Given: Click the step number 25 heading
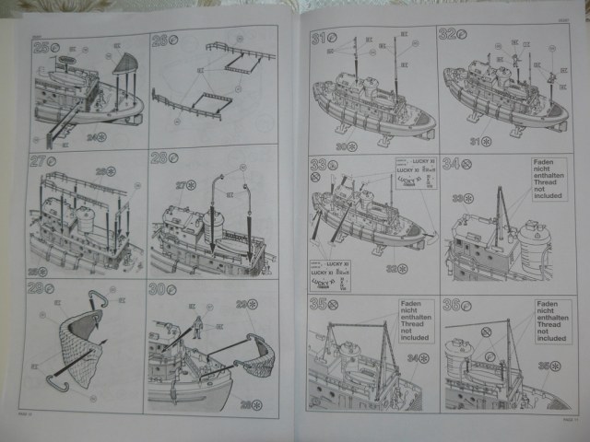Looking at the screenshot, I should tap(41, 46).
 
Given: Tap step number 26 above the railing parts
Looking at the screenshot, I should tap(159, 41).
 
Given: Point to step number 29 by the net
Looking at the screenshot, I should tap(38, 287).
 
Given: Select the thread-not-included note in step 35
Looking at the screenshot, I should tap(417, 320).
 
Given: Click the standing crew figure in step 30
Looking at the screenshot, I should tap(196, 327).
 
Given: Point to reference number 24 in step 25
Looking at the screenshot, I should tap(95, 137).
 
